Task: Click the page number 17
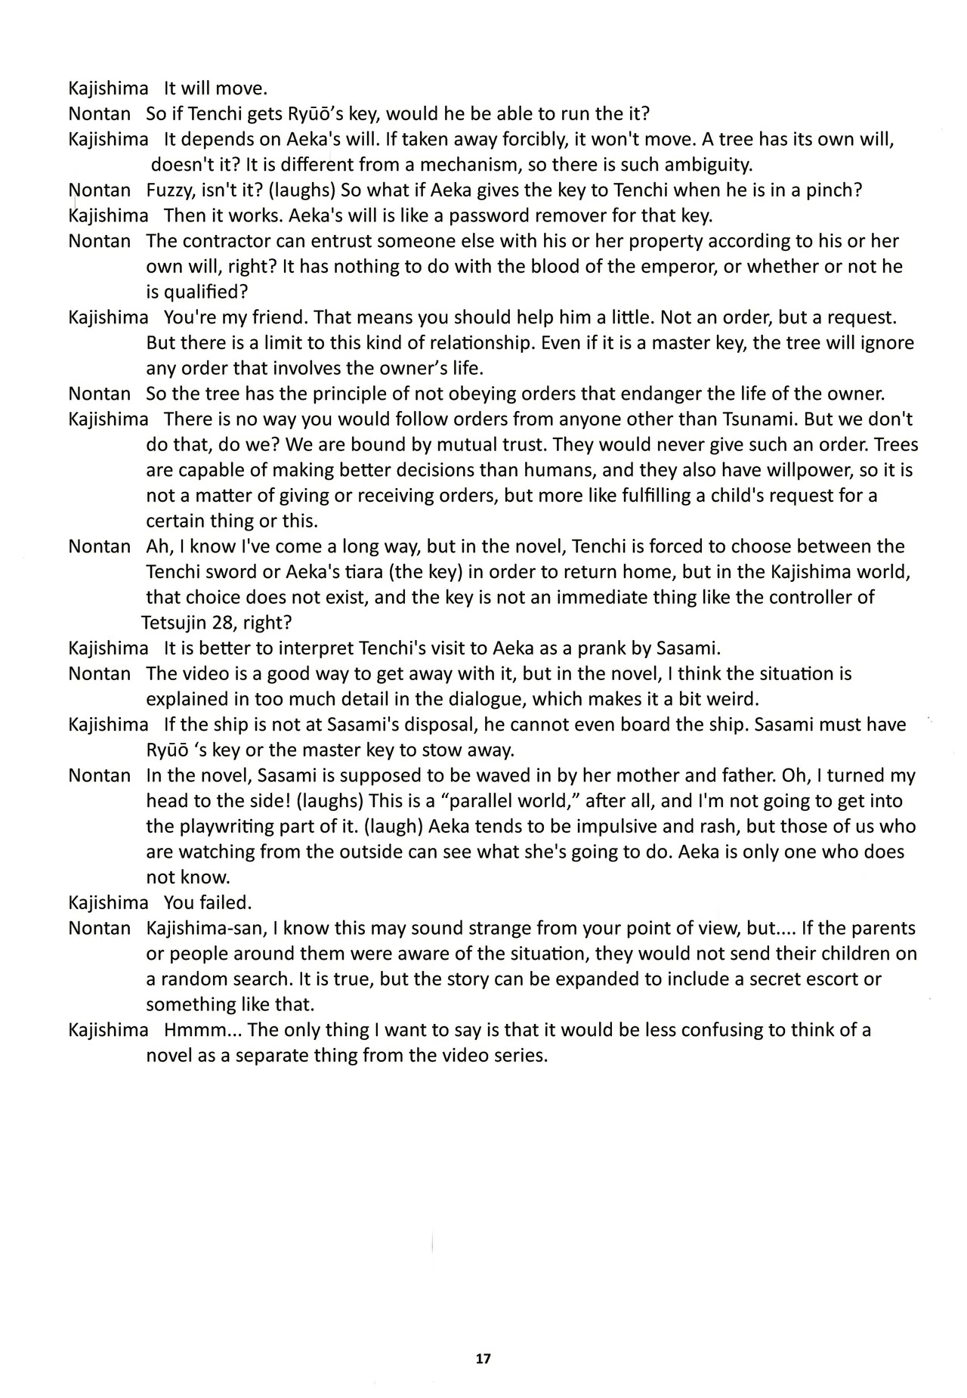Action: [483, 1358]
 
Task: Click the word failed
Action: [226, 902]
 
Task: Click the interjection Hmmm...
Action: [193, 1030]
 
